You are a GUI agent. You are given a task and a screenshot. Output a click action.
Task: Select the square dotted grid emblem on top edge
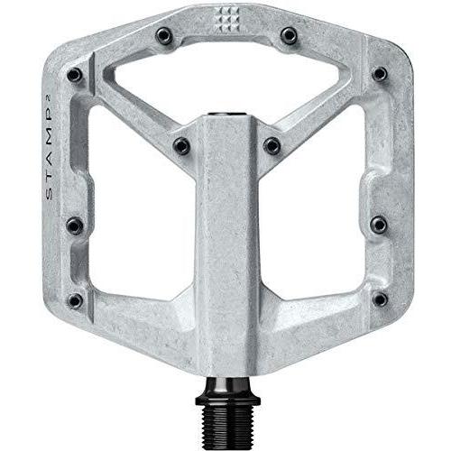tap(225, 20)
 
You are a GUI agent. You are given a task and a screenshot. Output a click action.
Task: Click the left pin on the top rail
tap(163, 35)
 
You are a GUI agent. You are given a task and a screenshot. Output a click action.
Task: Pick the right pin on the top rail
tap(289, 35)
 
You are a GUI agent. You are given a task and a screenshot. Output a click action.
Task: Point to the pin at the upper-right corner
tap(379, 74)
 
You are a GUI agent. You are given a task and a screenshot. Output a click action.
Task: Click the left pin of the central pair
tap(180, 144)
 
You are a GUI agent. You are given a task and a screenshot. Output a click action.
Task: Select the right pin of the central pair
tap(272, 144)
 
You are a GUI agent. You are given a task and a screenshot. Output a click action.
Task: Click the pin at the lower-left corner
tap(76, 299)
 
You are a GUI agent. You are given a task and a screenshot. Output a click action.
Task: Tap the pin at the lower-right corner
tap(379, 299)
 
